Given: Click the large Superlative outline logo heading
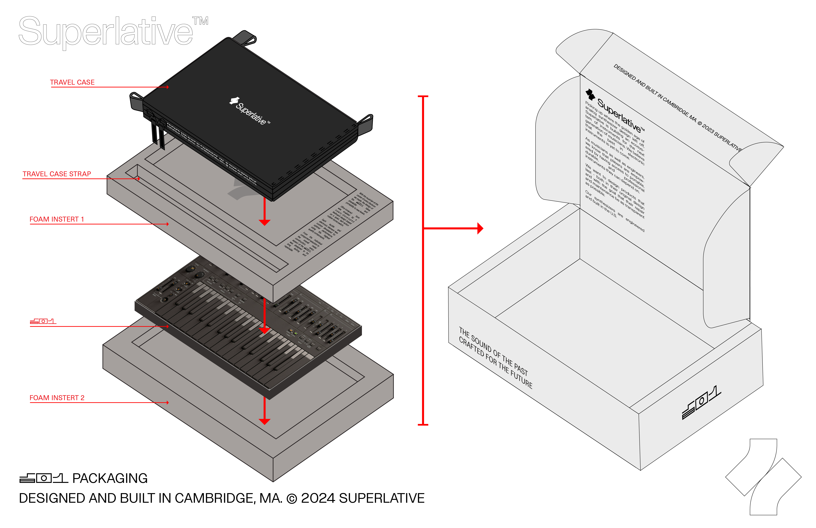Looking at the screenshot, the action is [x=106, y=32].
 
